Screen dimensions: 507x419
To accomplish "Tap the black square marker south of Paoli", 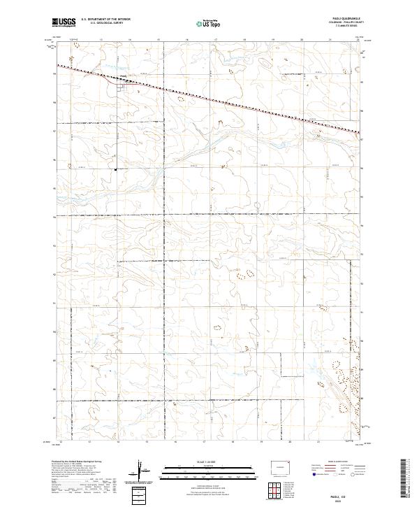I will (x=115, y=168).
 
